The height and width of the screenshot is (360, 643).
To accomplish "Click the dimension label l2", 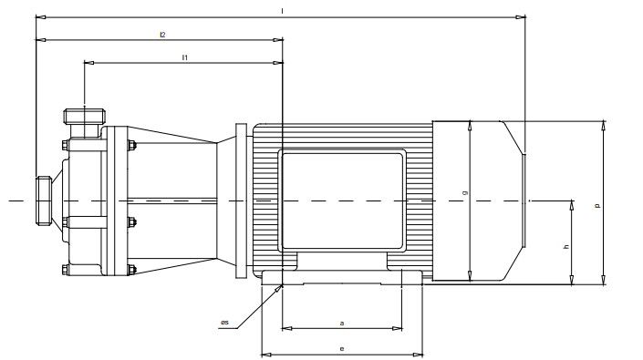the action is (162, 35).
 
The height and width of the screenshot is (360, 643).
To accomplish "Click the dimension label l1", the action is (185, 57).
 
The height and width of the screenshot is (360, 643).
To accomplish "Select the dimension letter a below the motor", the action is (342, 324).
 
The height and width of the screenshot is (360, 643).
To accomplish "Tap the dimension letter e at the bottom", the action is (342, 349).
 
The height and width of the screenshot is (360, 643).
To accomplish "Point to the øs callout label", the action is (224, 323).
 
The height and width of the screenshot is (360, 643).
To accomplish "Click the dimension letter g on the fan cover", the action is (464, 192).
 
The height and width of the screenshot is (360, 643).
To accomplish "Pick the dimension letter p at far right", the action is (597, 206).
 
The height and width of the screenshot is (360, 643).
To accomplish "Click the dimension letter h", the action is (566, 247).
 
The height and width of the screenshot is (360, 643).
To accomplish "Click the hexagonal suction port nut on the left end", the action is (44, 201).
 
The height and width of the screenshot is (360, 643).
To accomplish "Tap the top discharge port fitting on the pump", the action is (85, 116).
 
